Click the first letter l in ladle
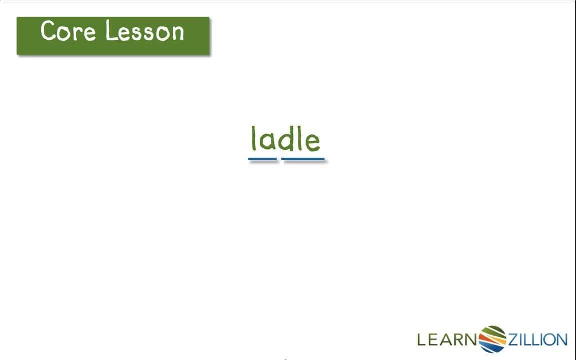(253, 138)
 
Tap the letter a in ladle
(267, 142)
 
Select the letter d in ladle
(287, 140)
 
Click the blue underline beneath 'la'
(262, 159)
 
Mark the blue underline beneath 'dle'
(303, 159)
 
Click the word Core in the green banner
(68, 31)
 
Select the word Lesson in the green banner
(145, 31)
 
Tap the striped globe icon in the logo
(493, 339)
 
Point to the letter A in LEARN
(447, 340)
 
